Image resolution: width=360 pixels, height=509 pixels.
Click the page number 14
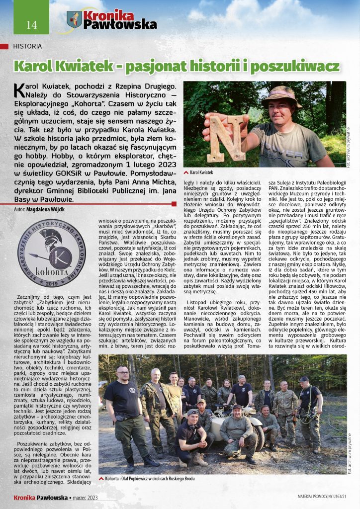(x=24, y=25)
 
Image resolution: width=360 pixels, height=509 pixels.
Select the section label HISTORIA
(x=27, y=46)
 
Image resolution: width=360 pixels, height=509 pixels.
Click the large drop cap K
(x=18, y=89)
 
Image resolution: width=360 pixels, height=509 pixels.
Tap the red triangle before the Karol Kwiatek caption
(x=186, y=172)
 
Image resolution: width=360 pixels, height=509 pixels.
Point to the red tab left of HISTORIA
(x=4, y=46)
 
